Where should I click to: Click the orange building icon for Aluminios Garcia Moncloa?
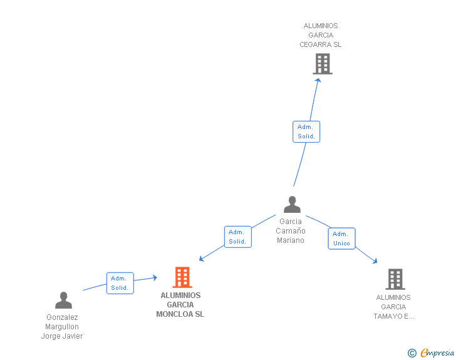click(x=182, y=277)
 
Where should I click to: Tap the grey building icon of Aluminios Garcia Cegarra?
click(x=323, y=64)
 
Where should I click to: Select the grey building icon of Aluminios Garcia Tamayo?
click(x=395, y=279)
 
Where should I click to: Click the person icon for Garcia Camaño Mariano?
click(x=292, y=205)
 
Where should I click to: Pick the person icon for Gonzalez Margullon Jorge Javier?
click(x=63, y=301)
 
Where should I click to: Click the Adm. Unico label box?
click(x=341, y=239)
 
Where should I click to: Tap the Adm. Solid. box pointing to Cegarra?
click(x=306, y=131)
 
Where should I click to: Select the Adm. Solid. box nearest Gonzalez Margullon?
click(x=120, y=283)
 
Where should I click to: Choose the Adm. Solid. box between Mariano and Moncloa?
click(x=237, y=237)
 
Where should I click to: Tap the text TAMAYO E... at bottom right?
click(x=394, y=316)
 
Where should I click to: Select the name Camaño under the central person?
click(x=291, y=230)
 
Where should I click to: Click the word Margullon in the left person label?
click(x=62, y=327)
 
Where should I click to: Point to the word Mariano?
click(x=291, y=240)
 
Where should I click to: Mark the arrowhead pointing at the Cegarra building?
click(x=318, y=80)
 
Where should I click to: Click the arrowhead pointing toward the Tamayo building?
click(x=375, y=261)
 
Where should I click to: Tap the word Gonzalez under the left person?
click(x=62, y=317)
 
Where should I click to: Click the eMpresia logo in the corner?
click(x=437, y=353)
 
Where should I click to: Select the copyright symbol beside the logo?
click(x=412, y=353)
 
